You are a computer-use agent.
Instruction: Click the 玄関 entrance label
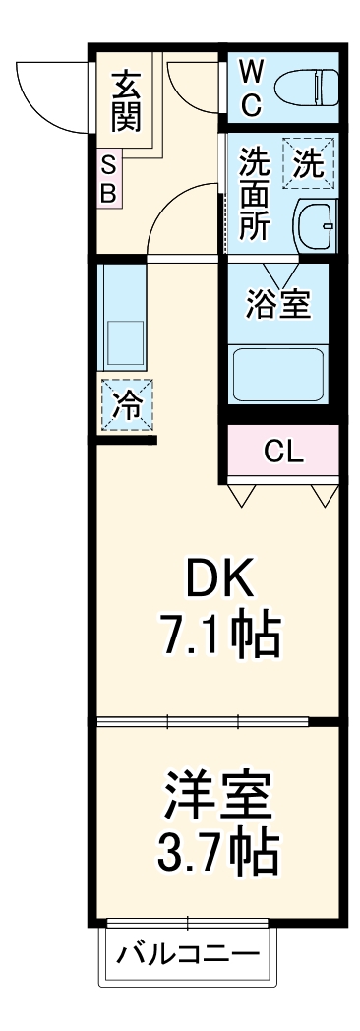tap(125, 102)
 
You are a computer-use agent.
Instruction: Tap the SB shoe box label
tap(108, 180)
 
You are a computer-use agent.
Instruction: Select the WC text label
tap(250, 87)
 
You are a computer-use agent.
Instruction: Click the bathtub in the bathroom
tap(277, 373)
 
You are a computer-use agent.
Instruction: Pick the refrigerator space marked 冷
tap(126, 405)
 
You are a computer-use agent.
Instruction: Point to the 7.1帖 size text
tap(220, 637)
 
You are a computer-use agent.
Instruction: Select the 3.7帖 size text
tap(218, 852)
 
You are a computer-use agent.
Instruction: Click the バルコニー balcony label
tap(188, 954)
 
